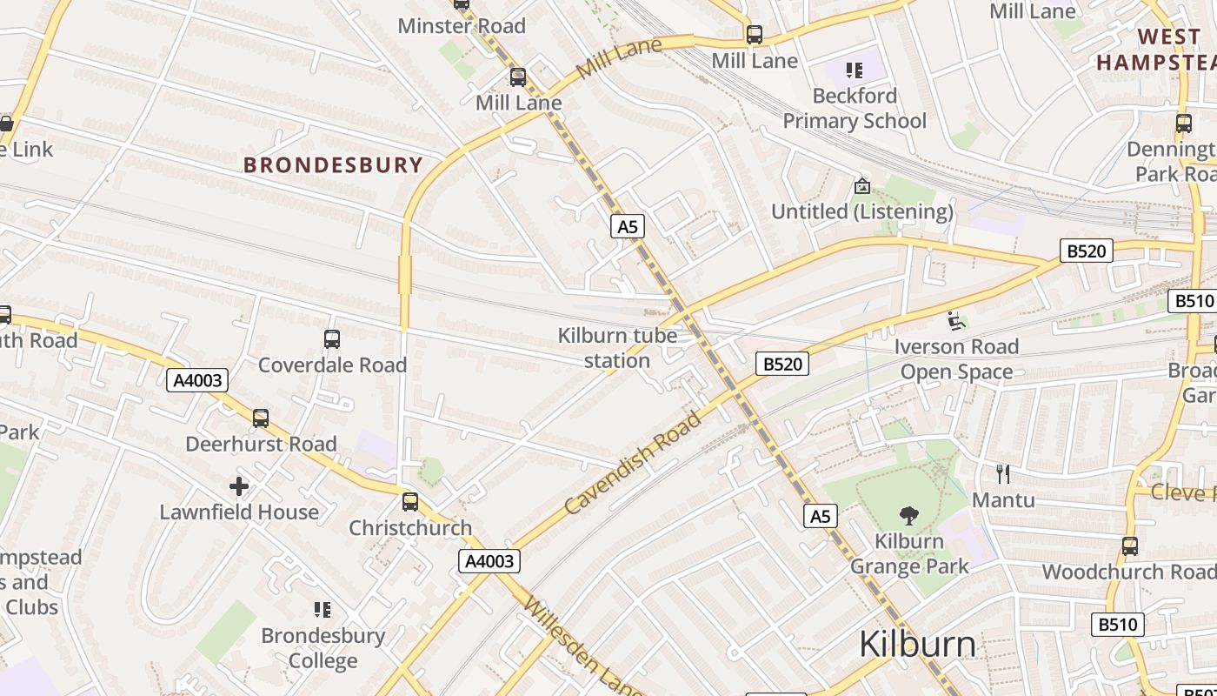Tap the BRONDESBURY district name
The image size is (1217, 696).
[333, 164]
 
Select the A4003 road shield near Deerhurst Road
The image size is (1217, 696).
[199, 380]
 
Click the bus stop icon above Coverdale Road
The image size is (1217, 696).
[332, 339]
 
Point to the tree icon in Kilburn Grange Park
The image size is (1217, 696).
[909, 515]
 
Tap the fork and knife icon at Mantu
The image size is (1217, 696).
[1003, 474]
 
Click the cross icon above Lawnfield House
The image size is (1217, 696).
[239, 486]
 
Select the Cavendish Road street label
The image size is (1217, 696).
[632, 463]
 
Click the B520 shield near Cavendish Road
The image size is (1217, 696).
[781, 364]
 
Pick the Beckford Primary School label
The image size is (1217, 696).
[855, 108]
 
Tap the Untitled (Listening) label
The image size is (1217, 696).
[862, 211]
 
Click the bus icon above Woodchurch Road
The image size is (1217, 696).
[1130, 546]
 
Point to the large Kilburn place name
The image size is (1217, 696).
[917, 645]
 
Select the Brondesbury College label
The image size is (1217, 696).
[323, 648]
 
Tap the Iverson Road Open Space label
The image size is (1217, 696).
[956, 358]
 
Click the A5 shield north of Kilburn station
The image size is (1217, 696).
[627, 227]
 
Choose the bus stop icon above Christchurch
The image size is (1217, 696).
[410, 502]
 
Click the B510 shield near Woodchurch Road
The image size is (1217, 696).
[1117, 624]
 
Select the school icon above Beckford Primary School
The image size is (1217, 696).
[855, 70]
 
